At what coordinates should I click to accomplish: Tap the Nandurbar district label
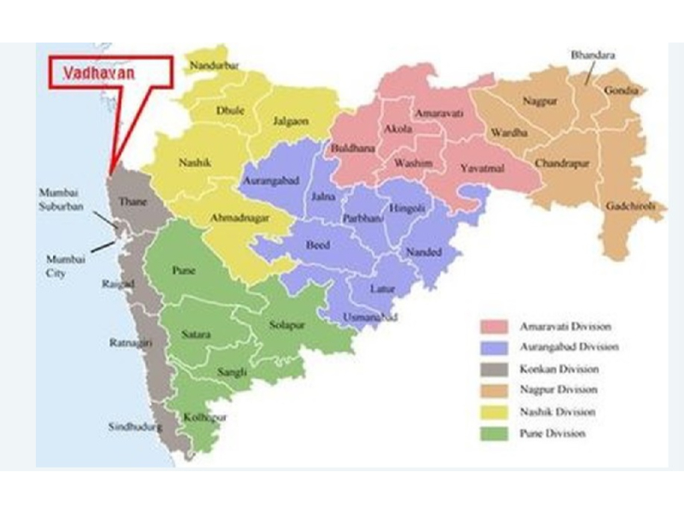[x=213, y=66]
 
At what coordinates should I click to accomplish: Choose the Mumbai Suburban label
[x=64, y=198]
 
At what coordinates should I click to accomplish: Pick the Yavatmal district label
[x=482, y=168]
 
